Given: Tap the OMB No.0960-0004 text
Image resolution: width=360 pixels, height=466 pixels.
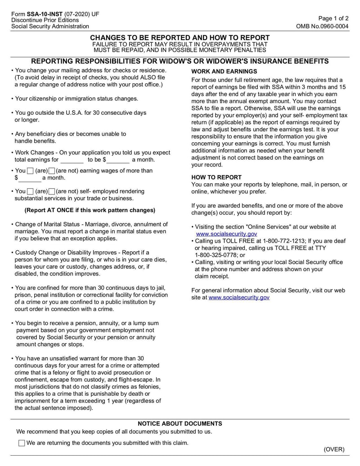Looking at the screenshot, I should [x=322, y=27].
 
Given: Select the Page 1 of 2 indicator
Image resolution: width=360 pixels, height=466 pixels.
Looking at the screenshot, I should [x=333, y=18].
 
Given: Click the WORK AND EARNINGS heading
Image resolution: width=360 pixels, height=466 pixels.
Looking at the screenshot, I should [x=224, y=72].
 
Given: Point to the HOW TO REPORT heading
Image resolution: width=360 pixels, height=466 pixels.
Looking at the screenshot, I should [x=216, y=177].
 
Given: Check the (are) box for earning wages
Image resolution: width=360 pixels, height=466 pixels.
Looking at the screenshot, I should [x=30, y=171].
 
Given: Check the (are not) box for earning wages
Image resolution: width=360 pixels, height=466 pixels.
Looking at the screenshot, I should [x=52, y=171].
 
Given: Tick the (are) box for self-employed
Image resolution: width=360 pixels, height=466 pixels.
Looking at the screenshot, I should [x=30, y=192].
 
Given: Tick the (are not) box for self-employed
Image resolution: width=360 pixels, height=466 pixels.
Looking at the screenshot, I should [x=52, y=192].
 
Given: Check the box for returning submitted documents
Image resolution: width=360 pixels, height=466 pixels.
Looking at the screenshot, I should [x=22, y=443].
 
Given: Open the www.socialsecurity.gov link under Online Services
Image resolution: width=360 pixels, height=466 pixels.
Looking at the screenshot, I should [x=226, y=234].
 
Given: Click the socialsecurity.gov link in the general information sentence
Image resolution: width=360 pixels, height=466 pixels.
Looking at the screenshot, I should [x=239, y=298].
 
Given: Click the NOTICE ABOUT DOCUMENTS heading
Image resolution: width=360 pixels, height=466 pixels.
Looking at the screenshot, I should [x=180, y=424].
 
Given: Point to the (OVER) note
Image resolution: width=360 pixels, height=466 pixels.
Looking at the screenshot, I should [x=334, y=449].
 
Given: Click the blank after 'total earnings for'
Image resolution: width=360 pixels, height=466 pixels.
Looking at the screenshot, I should [x=72, y=160].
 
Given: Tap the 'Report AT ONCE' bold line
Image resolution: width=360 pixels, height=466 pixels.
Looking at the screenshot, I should [x=90, y=210].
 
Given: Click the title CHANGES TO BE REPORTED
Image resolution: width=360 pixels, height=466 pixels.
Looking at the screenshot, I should [x=180, y=38].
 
